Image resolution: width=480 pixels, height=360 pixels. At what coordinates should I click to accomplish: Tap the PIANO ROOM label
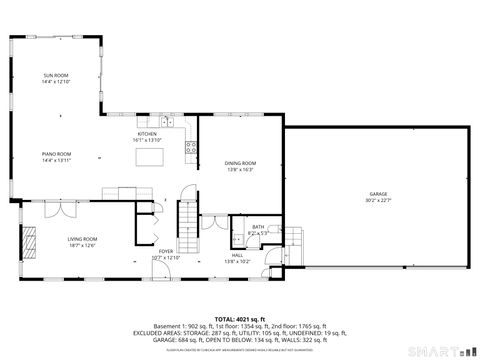(55, 154)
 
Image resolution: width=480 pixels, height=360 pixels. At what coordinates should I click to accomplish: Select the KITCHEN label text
(147, 133)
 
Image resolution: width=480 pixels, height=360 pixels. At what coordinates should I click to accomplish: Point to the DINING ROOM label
(240, 163)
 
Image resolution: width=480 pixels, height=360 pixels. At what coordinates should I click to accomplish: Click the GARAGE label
(378, 194)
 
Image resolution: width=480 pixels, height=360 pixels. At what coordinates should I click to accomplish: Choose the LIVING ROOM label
(82, 239)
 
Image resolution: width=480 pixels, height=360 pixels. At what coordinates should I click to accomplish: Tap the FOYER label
(165, 251)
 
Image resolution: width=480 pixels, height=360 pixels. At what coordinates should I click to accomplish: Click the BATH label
(258, 227)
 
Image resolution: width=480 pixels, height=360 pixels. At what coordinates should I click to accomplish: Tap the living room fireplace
(30, 241)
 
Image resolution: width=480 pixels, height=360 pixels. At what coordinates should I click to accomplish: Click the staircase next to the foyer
(187, 216)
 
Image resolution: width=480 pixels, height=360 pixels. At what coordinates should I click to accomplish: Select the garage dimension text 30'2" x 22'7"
(378, 200)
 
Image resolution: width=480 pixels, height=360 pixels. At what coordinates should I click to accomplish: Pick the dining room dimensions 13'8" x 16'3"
(240, 169)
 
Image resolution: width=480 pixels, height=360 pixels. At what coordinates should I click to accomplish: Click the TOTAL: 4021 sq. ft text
(240, 315)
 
